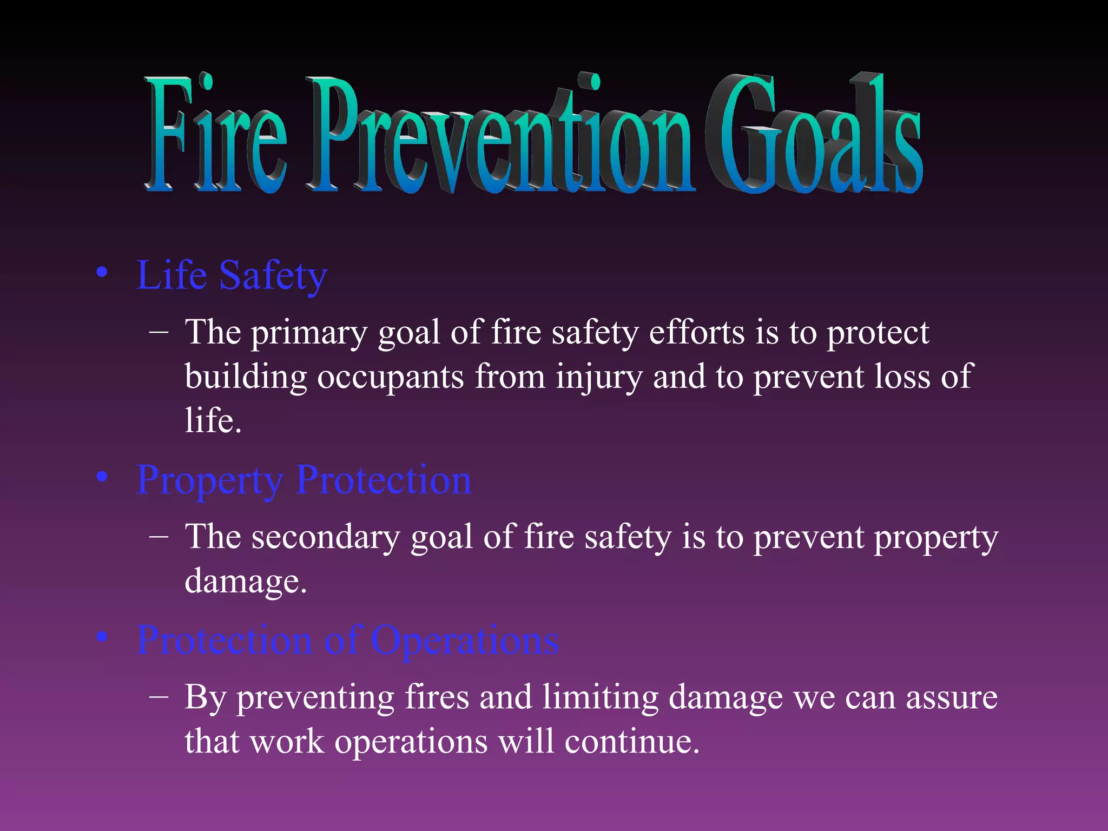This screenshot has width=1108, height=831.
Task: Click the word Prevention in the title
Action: point(500,135)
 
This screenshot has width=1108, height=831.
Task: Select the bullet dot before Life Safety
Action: point(102,272)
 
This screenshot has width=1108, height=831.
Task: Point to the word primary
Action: point(309,333)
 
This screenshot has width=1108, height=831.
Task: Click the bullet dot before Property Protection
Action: point(102,477)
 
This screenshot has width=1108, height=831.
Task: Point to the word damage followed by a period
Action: point(245,582)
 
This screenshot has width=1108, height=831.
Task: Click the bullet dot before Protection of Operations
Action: point(102,637)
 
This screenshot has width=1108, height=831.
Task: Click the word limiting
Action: point(601,697)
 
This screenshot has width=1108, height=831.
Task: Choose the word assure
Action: point(952,698)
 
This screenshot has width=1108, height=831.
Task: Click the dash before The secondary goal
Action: point(159,536)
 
